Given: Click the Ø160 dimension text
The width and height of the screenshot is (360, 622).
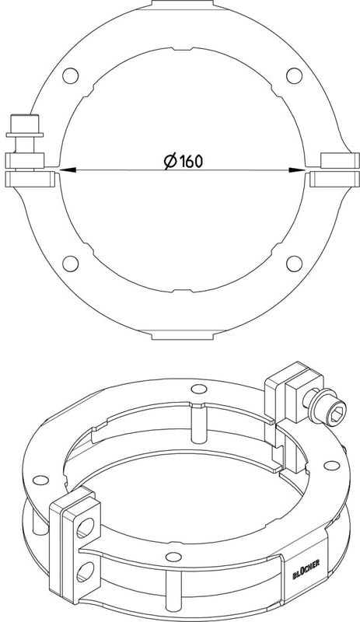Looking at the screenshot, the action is point(183,161).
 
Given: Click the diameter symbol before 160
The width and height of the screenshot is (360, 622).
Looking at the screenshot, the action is point(171,161).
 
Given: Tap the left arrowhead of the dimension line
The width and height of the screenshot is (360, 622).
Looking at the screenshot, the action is point(68,170).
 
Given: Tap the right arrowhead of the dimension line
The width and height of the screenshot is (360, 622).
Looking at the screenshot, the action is point(298,170).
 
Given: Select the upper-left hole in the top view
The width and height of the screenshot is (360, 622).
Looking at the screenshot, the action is point(71,75).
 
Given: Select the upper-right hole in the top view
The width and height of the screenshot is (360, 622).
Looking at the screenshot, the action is point(294,75).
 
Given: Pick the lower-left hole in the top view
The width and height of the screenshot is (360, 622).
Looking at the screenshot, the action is point(71,264).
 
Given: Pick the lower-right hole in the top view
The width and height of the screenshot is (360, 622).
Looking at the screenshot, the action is point(294,264).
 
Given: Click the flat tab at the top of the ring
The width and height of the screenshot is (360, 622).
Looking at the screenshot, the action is point(183,3).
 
